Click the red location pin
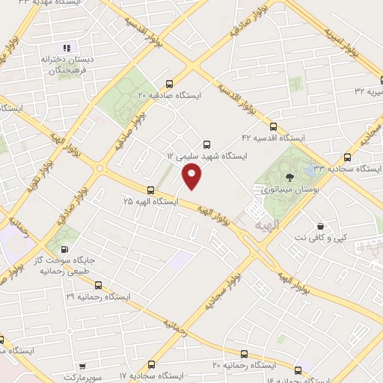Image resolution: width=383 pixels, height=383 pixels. tap(192, 176)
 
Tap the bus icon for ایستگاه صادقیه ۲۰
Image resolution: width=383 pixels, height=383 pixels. tap(170, 85)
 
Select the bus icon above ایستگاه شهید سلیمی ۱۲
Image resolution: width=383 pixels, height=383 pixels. tap(207, 144)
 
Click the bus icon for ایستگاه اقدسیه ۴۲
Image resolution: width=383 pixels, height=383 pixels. tap(273, 126)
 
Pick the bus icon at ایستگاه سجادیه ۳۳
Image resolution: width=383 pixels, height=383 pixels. tap(346, 158)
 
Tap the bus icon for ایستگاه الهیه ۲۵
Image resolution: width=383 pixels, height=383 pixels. tap(150, 190)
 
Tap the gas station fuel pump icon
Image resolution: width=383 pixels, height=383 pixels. tap(64, 249)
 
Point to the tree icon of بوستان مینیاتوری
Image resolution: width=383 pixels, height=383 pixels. tap(289, 178)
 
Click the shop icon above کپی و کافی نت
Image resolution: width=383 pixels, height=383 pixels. tap(320, 227)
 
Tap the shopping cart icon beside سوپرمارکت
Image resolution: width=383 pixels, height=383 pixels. tap(81, 367)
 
